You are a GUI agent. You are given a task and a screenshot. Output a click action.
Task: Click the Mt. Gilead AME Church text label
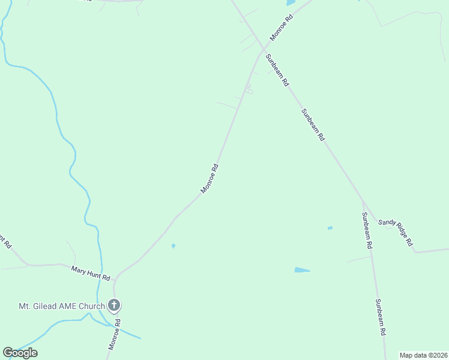61,307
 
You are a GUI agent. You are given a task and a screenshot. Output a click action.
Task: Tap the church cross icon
113,306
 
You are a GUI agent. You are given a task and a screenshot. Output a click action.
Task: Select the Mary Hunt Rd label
91,274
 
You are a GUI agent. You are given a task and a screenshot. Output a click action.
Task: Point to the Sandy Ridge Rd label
396,233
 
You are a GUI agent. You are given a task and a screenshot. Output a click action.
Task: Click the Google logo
20,353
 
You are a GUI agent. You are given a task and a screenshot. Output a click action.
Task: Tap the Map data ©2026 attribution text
423,355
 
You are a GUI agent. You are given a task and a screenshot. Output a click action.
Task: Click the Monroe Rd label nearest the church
114,334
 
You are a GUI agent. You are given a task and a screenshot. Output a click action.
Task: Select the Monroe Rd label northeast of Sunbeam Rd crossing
280,28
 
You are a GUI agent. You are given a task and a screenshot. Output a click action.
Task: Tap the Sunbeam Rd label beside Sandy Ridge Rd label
367,231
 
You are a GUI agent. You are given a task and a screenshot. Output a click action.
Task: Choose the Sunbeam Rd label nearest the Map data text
381,317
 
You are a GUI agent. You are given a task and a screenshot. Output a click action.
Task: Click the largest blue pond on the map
302,270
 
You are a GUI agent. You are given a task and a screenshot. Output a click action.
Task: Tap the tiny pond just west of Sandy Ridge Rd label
330,228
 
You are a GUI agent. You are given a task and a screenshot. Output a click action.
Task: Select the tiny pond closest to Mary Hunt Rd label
173,245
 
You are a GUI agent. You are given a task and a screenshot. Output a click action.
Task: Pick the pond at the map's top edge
291,3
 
